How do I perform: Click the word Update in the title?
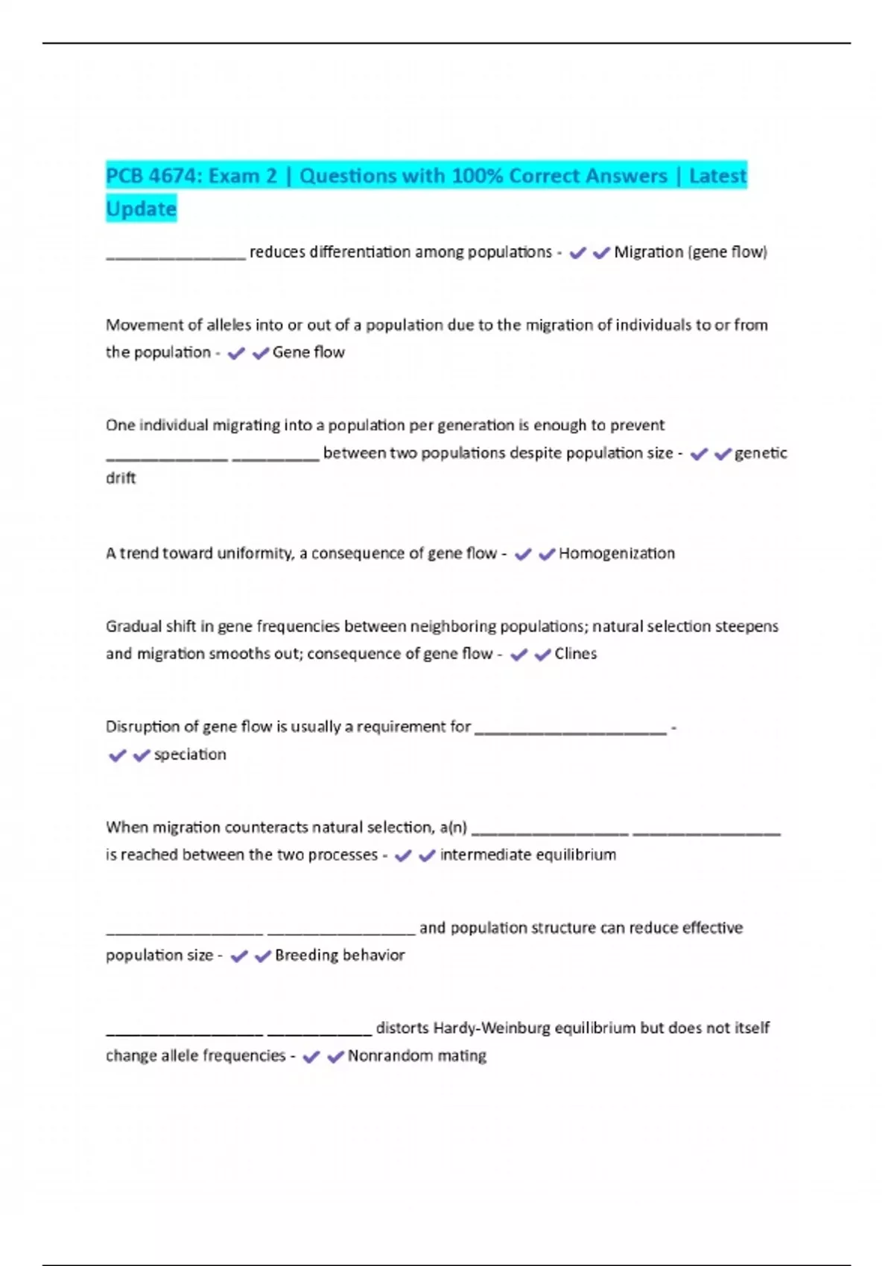click(x=141, y=209)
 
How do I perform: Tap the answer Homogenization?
click(x=616, y=553)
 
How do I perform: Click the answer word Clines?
click(x=575, y=654)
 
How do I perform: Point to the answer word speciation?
click(x=190, y=754)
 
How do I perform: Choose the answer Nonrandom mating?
click(x=416, y=1056)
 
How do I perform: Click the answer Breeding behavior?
click(x=339, y=955)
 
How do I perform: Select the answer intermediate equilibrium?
click(x=527, y=855)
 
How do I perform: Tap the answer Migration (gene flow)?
click(x=690, y=252)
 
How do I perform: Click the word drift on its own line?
click(x=121, y=478)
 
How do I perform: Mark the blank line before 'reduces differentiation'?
click(x=176, y=257)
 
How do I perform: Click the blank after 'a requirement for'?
click(x=570, y=731)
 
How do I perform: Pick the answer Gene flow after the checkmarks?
click(x=308, y=352)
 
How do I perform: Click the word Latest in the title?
click(x=717, y=176)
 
